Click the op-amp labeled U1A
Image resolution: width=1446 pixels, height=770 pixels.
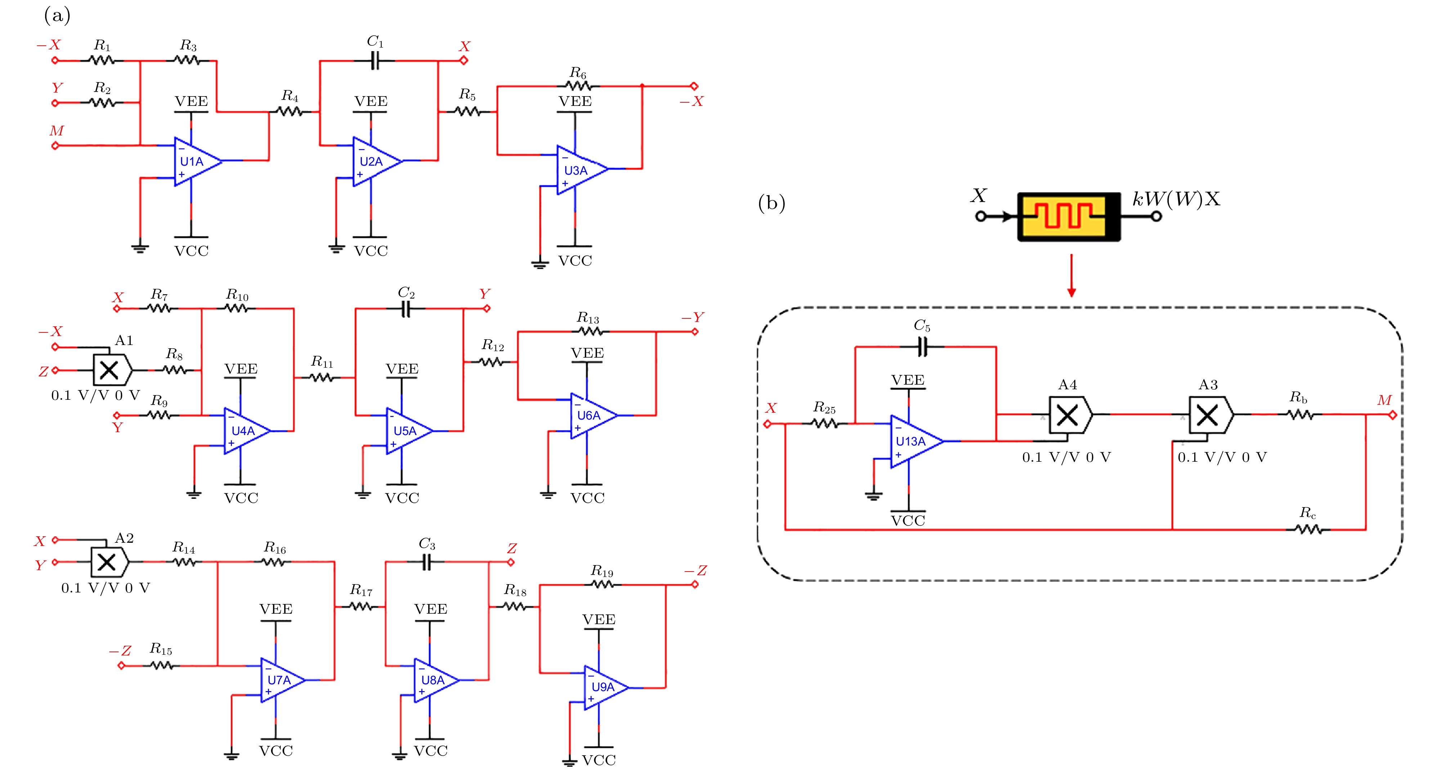point(196,161)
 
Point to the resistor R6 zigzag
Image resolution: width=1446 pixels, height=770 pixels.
point(579,86)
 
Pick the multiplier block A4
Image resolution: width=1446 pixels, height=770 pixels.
point(1069,415)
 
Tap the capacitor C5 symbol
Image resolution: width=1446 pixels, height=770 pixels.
point(922,347)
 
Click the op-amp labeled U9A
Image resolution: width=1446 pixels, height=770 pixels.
point(604,688)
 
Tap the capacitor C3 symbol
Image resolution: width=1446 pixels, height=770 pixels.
point(427,561)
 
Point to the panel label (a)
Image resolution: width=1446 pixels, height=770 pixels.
point(57,16)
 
